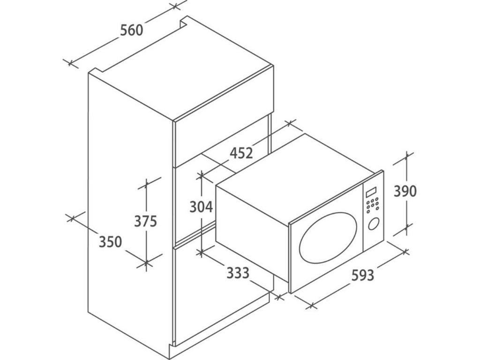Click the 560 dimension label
[131, 30]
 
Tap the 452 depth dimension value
[241, 153]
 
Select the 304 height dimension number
[201, 207]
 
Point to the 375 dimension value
[145, 221]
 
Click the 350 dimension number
[110, 242]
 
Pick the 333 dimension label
[238, 273]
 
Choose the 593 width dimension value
[363, 275]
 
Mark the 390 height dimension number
[405, 191]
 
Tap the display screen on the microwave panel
[371, 193]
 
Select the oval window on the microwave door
[328, 239]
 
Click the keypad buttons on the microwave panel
[373, 205]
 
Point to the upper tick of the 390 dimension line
[406, 157]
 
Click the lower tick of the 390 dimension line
[406, 229]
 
